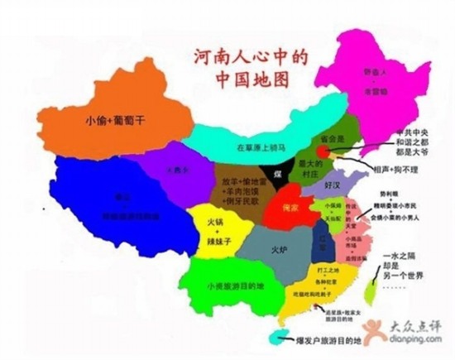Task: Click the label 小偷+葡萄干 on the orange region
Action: click(x=115, y=120)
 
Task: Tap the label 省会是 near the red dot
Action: click(x=318, y=140)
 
